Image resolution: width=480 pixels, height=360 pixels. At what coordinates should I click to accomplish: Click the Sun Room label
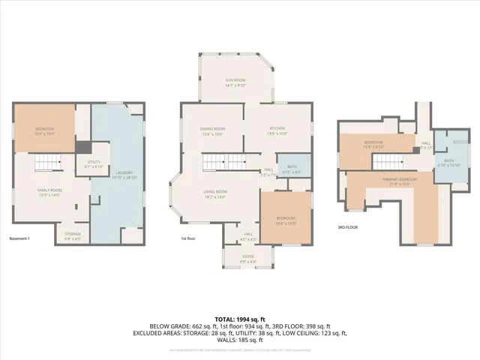tap(235, 82)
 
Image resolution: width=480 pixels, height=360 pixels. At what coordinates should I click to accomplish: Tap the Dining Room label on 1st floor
tap(213, 130)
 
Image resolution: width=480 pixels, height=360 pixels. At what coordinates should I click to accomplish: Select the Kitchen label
tap(277, 130)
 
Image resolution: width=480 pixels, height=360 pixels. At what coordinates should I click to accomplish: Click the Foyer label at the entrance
tap(247, 259)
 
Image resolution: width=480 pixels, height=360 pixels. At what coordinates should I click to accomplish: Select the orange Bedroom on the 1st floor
tap(286, 217)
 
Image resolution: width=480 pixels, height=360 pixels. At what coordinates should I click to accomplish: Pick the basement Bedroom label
tap(44, 131)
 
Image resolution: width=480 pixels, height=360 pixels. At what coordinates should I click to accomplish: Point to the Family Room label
tap(50, 192)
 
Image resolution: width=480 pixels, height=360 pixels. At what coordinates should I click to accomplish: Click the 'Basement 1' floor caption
tap(19, 238)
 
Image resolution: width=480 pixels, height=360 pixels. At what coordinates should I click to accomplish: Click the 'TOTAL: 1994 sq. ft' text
tap(239, 298)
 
